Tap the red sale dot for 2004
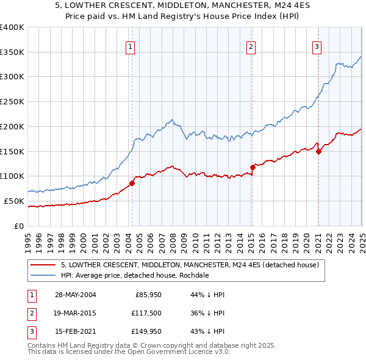[x=132, y=183]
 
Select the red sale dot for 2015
[x=253, y=167]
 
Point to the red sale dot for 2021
[x=318, y=151]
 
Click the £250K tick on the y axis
[x=12, y=102]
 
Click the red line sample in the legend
[x=43, y=265]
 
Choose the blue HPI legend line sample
[x=43, y=275]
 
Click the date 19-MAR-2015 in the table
[x=75, y=314]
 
